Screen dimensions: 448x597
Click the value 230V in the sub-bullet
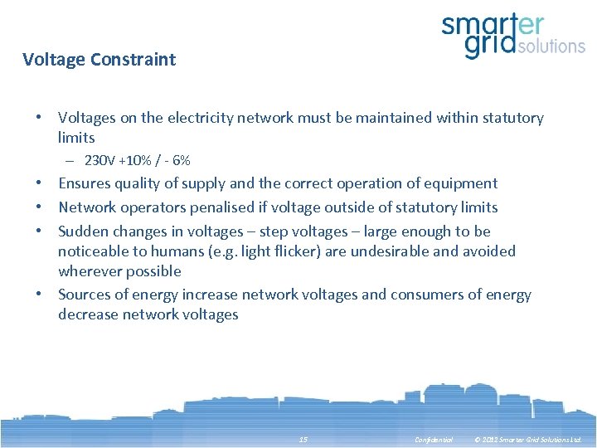coord(100,160)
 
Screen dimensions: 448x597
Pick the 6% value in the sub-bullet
coord(181,160)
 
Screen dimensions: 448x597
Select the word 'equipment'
coord(463,183)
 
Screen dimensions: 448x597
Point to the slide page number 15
coord(303,439)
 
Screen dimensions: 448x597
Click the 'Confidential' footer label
coord(434,439)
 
